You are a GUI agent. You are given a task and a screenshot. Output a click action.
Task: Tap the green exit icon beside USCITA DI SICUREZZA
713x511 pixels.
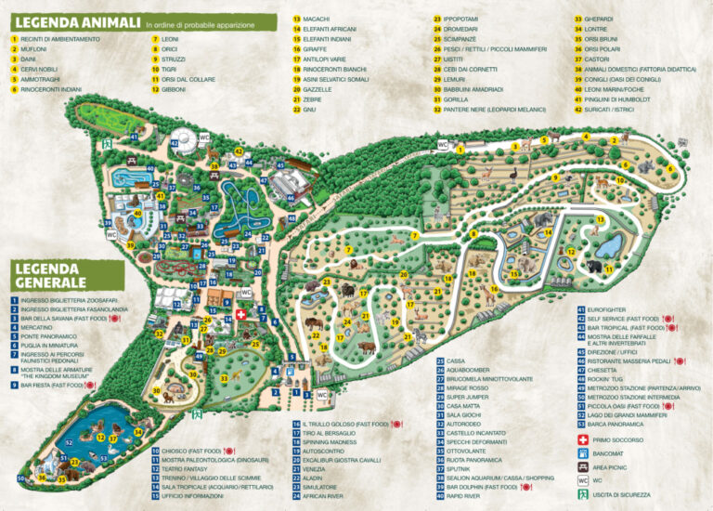coord(582,495)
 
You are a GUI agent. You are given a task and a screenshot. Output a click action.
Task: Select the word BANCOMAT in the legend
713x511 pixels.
coord(616,453)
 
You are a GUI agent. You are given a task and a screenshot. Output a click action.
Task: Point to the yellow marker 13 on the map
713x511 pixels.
coord(601,220)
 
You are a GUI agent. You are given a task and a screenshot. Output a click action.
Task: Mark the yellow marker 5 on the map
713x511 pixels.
coord(545,140)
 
